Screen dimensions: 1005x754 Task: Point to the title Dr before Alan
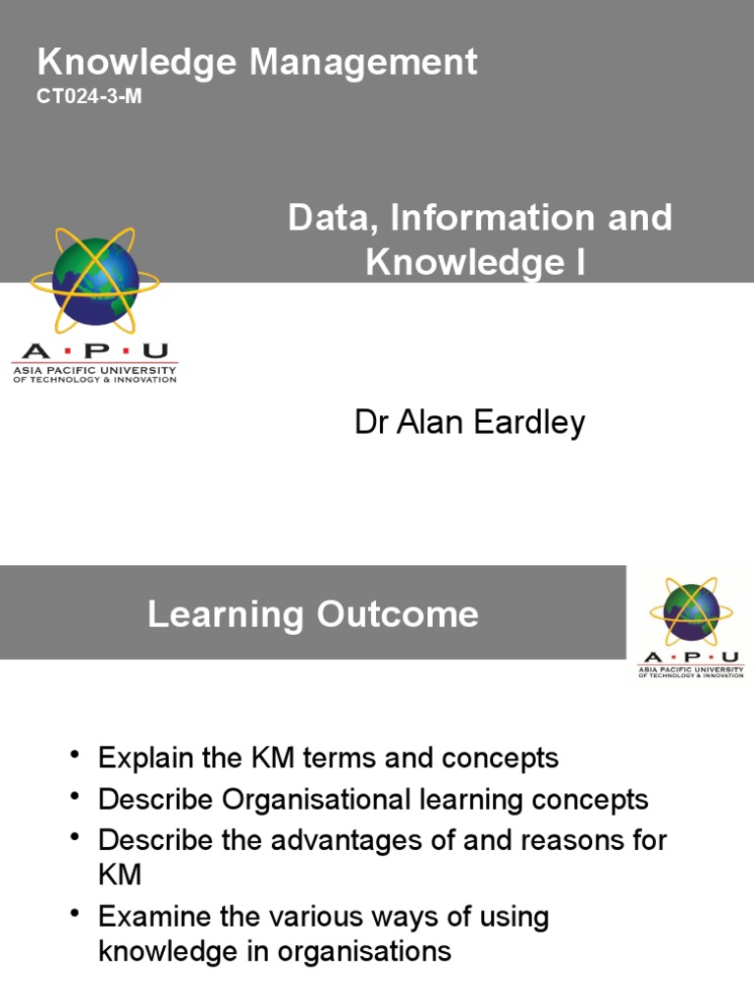pos(370,423)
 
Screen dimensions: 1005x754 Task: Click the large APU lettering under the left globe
pos(94,351)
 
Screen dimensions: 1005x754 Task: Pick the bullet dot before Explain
pos(77,756)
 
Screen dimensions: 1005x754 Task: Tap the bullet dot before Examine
pos(77,915)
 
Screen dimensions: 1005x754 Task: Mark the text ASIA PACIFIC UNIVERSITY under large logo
pos(94,370)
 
